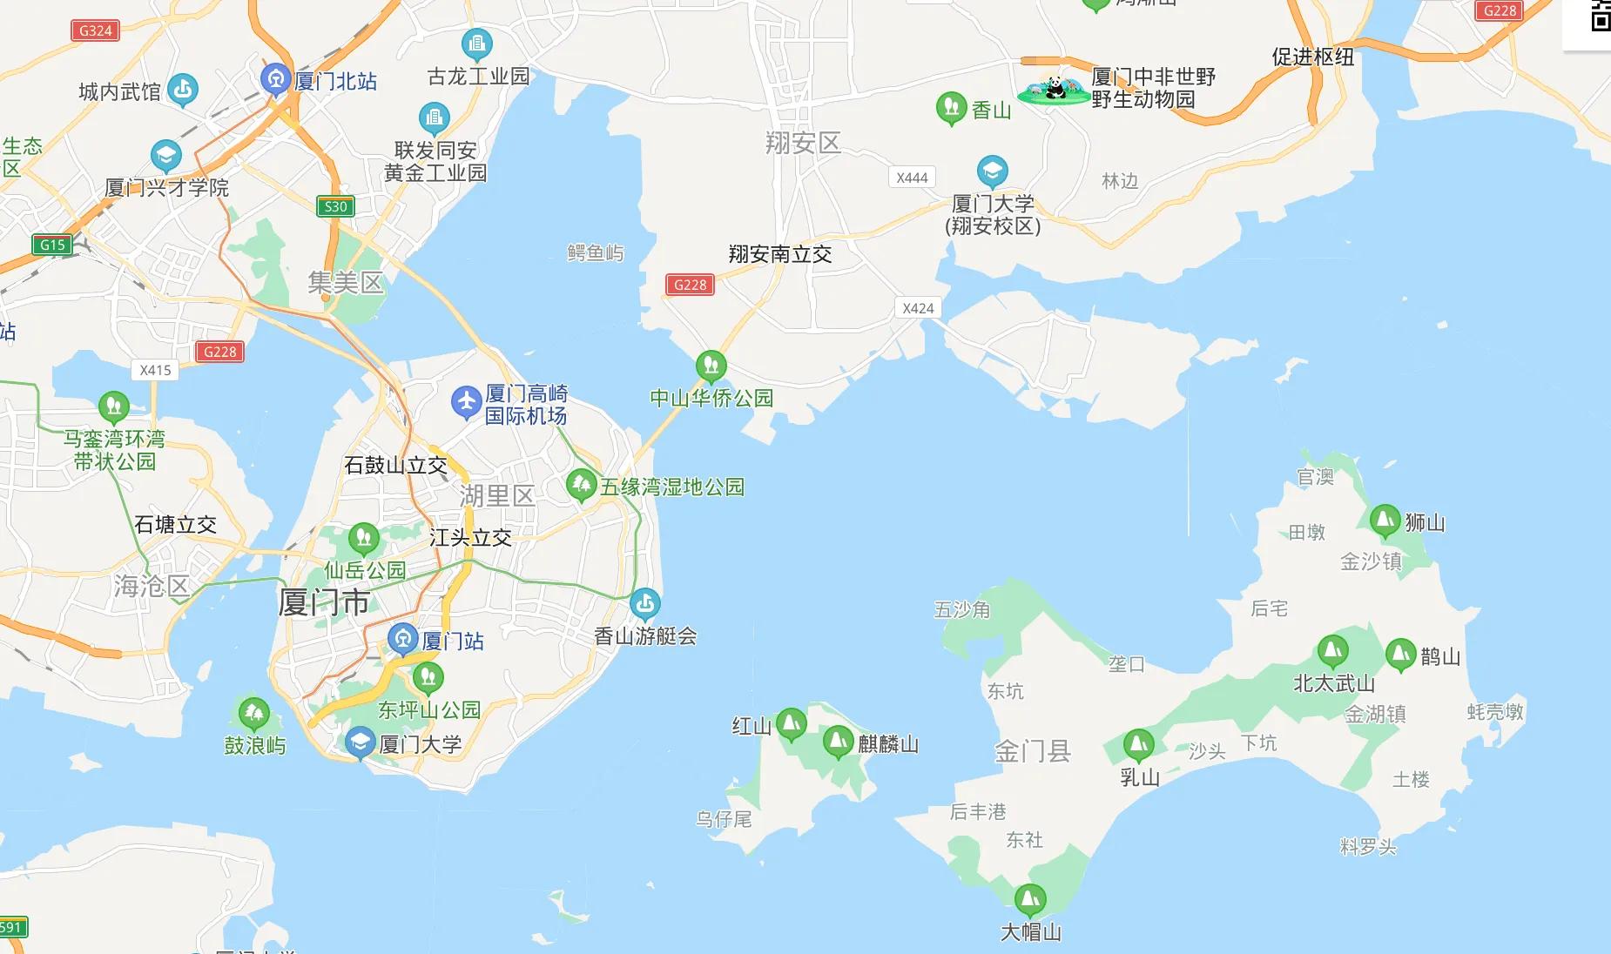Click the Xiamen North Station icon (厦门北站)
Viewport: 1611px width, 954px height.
coord(276,79)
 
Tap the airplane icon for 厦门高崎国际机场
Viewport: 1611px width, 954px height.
coord(466,402)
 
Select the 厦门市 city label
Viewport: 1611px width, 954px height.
coord(324,602)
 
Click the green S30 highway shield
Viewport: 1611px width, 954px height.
coord(335,206)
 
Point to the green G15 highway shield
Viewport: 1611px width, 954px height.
coord(52,245)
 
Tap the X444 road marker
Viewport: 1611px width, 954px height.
coord(912,178)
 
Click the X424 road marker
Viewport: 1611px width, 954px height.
coord(918,308)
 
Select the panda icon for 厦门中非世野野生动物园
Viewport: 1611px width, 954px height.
coord(1055,89)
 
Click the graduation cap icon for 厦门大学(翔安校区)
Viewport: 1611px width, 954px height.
coord(992,171)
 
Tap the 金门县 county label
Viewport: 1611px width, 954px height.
coord(1033,751)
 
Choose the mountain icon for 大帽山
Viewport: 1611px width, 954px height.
coord(1029,898)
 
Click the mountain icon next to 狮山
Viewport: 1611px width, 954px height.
coord(1384,521)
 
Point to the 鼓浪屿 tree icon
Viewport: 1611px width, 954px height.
coord(253,714)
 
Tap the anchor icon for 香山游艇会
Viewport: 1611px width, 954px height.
coord(644,602)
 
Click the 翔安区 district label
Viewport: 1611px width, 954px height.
coord(803,143)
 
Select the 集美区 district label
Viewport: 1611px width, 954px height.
coord(345,283)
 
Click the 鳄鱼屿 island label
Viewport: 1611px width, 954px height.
coord(596,253)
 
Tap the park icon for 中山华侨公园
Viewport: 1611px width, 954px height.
coord(711,366)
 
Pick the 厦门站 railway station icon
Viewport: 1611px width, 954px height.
coord(402,640)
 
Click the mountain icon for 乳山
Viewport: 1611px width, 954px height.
coord(1138,744)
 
